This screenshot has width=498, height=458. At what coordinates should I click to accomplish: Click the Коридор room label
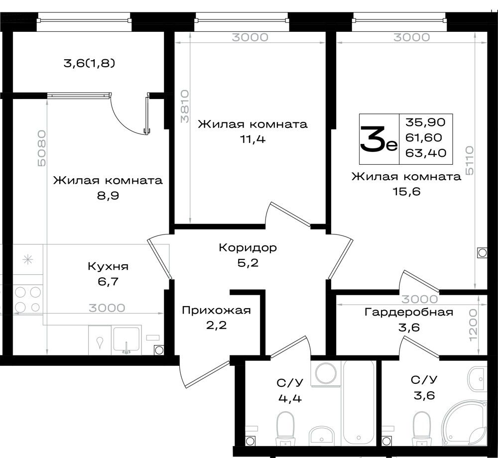[248, 247]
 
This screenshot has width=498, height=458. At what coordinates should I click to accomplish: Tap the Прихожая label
[216, 310]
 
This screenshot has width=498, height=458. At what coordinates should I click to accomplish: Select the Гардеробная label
[409, 312]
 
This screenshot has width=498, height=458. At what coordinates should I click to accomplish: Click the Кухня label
[108, 266]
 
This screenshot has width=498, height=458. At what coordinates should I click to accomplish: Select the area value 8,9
[108, 196]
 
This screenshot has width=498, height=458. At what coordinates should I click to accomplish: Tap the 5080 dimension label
[42, 148]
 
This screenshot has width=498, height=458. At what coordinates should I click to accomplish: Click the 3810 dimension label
[185, 106]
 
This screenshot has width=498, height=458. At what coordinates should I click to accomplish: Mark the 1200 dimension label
[473, 325]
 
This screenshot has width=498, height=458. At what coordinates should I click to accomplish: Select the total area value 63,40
[426, 153]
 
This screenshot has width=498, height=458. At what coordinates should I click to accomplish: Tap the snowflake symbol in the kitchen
[28, 260]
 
